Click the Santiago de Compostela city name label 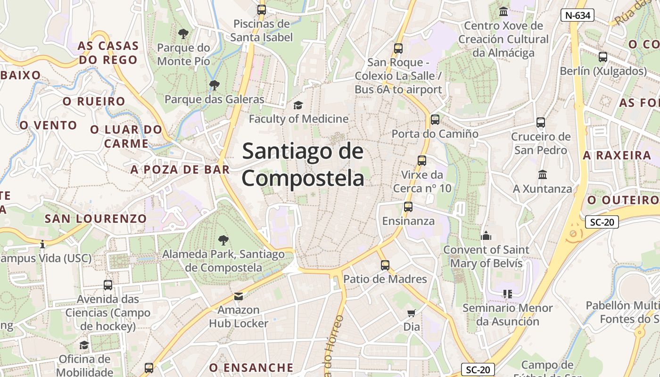[x=303, y=165]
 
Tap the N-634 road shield [x=577, y=15]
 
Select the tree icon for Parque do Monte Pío [x=183, y=34]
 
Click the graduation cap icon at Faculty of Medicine [x=298, y=105]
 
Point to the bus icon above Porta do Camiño [x=435, y=120]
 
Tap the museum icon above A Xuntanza [x=542, y=175]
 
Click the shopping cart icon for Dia [x=411, y=313]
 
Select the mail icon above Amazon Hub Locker [x=239, y=296]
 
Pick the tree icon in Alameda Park [x=223, y=240]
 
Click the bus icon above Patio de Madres [x=385, y=265]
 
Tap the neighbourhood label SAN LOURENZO [x=96, y=219]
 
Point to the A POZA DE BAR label [x=180, y=170]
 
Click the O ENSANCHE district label [x=251, y=368]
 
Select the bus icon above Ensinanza [x=408, y=207]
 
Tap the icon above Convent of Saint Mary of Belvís [x=486, y=236]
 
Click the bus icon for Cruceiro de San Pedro [x=541, y=123]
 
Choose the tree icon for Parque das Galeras [x=214, y=85]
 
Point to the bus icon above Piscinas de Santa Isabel [x=262, y=9]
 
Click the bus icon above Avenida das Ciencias [x=108, y=285]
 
